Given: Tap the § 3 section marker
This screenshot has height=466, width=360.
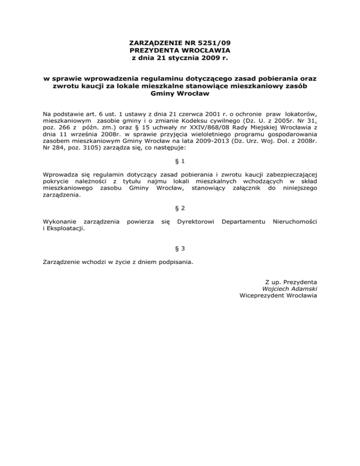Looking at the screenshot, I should (x=180, y=248).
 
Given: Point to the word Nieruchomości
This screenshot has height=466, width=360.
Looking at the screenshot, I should (x=295, y=220).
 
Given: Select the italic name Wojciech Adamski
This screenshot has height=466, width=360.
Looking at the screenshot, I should (x=290, y=289).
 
